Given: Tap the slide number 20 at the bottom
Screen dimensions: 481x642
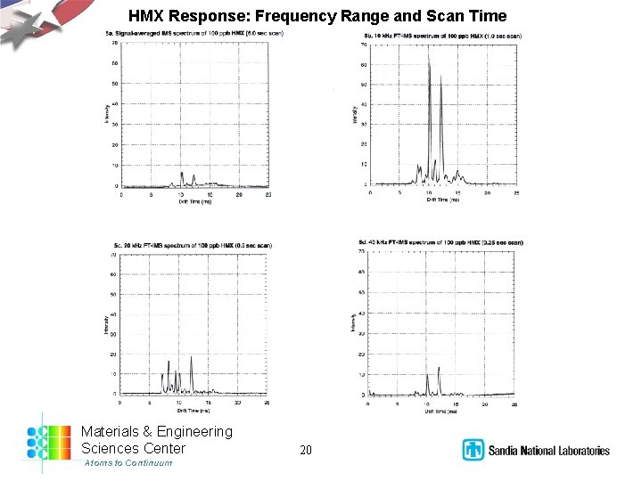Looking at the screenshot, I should (306, 450).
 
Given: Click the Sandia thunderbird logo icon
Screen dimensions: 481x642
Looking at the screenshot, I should (473, 450).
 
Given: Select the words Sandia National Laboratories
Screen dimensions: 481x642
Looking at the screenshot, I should (548, 451).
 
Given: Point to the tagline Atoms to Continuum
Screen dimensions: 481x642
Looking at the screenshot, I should (128, 463).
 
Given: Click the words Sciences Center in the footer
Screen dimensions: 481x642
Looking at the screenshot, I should (134, 448).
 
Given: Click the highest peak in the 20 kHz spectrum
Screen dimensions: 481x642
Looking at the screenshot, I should (191, 358).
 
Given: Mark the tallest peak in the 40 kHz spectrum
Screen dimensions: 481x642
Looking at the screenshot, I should (439, 368).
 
